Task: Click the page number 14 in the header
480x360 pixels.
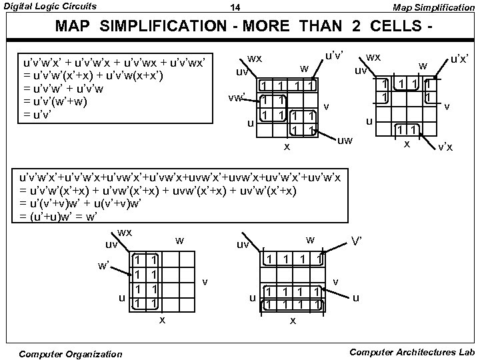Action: click(x=235, y=8)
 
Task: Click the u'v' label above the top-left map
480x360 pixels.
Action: click(x=334, y=57)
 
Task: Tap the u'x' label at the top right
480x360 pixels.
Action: click(x=459, y=59)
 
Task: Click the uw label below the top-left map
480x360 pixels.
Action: click(x=345, y=140)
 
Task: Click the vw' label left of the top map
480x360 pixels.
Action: click(x=236, y=97)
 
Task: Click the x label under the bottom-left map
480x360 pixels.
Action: click(x=162, y=320)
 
